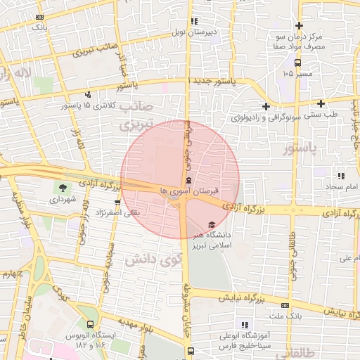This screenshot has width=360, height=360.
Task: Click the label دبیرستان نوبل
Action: [195, 32]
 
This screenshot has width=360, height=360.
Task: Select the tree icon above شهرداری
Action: [63, 188]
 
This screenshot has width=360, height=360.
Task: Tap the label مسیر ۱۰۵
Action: [297, 73]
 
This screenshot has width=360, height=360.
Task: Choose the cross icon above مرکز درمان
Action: [299, 25]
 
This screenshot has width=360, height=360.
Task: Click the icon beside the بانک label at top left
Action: [39, 16]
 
